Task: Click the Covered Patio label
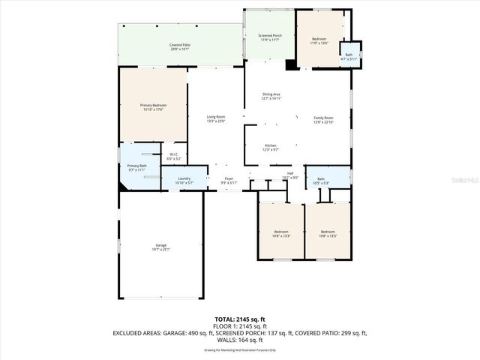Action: click(178, 47)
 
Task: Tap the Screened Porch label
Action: click(270, 37)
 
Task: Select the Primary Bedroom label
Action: click(152, 107)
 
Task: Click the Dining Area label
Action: click(271, 96)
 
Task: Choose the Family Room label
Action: click(323, 119)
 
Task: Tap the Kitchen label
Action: click(271, 147)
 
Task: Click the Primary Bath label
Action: click(136, 168)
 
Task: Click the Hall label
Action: click(290, 176)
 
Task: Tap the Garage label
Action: click(161, 247)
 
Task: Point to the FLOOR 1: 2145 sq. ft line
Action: click(240, 325)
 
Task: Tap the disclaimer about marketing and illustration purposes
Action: click(240, 349)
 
